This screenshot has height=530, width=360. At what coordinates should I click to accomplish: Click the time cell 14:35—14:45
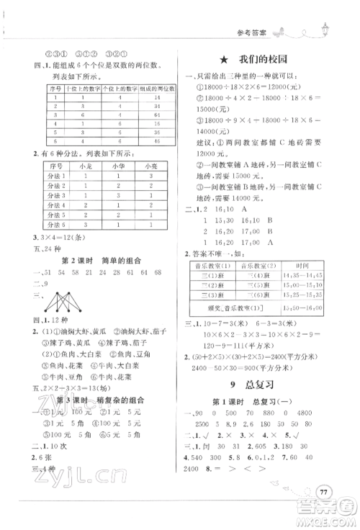tap(308, 275)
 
